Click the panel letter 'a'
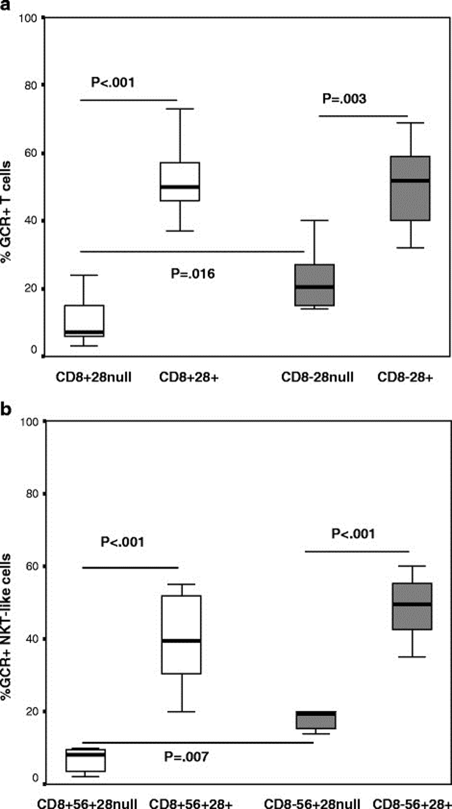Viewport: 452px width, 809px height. (x=4, y=4)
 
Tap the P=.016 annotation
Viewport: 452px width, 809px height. (x=193, y=274)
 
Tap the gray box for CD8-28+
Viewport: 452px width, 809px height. (x=410, y=188)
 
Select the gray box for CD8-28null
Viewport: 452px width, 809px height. (x=314, y=285)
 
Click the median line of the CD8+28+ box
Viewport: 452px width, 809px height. (x=180, y=187)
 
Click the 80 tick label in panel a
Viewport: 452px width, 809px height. (x=31, y=85)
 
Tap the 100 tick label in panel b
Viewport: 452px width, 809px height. (x=29, y=421)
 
